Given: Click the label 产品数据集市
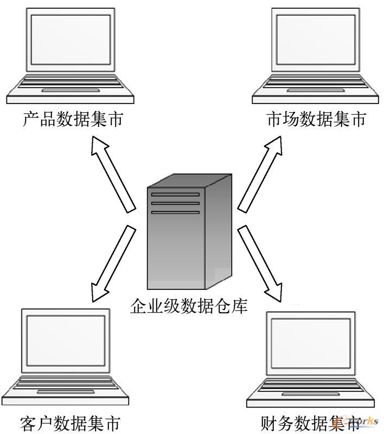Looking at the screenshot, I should tap(73, 119).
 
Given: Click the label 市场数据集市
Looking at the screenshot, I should tap(316, 119).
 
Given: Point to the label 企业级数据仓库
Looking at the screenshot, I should tap(189, 307).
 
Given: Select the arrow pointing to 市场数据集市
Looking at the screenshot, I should tap(260, 173).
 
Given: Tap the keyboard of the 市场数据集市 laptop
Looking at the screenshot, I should tap(314, 81).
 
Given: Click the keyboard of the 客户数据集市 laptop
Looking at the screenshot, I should tap(66, 382).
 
